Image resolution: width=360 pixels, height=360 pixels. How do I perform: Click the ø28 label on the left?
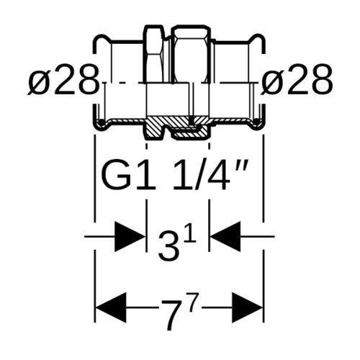pyautogui.click(x=63, y=80)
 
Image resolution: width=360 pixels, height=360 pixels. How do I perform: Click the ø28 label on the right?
pyautogui.click(x=297, y=80)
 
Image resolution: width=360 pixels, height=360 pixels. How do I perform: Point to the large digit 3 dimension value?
pyautogui.click(x=168, y=247)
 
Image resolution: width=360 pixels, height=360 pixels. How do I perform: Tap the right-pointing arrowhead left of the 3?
pyautogui.click(x=130, y=237)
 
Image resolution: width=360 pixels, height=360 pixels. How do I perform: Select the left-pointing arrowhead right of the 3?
pyautogui.click(x=225, y=237)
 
